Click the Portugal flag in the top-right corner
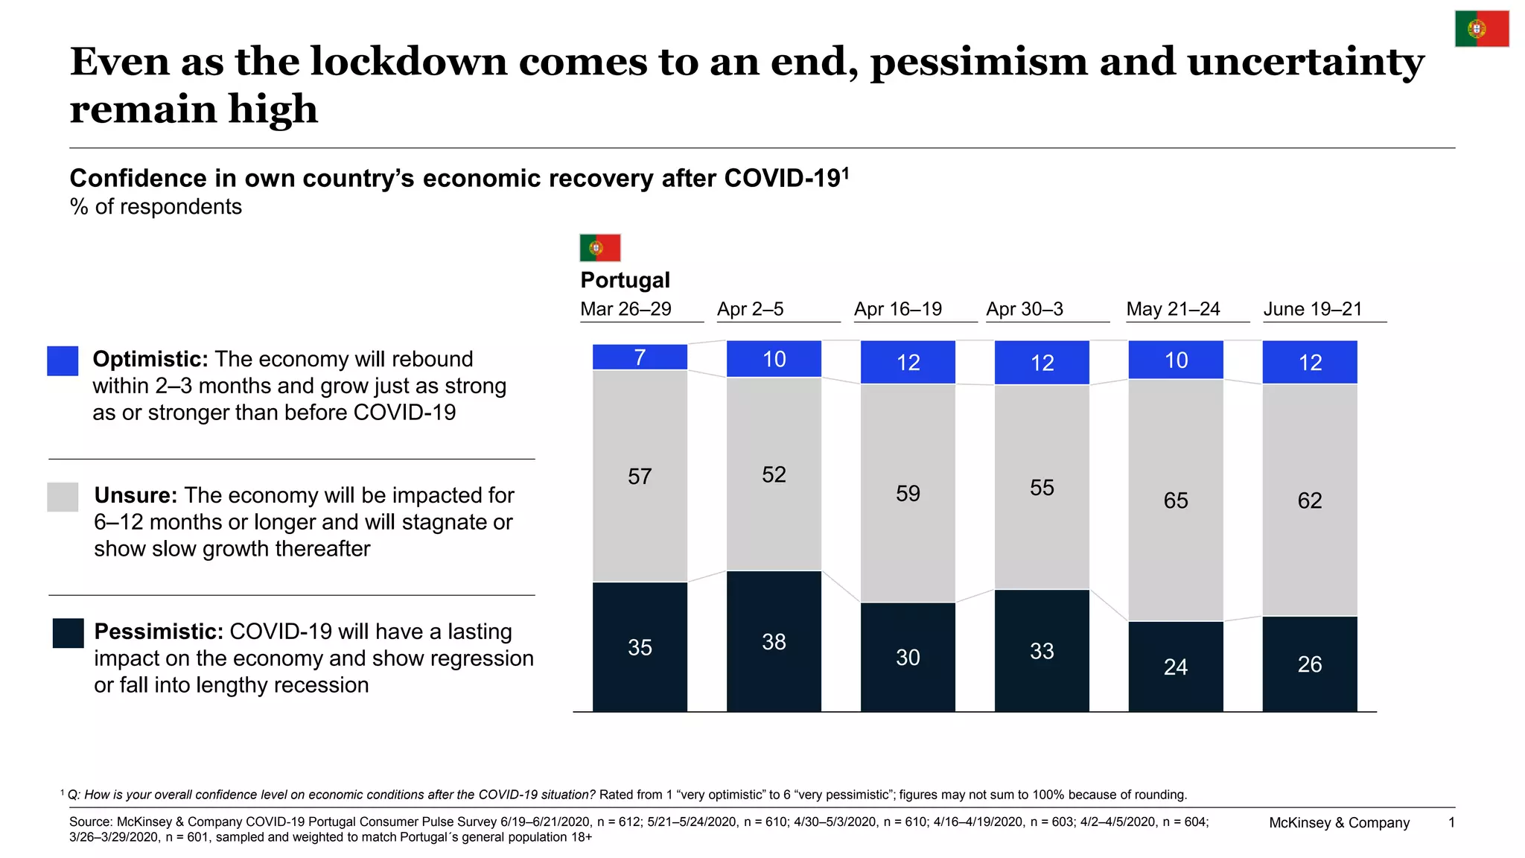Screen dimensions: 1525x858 pos(1482,29)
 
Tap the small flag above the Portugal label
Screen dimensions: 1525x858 pos(600,247)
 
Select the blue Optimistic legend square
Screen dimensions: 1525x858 pos(63,360)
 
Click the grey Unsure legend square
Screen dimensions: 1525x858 pos(63,497)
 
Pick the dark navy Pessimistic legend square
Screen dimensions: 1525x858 pos(68,633)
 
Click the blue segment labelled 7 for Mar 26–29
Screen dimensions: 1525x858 pos(640,357)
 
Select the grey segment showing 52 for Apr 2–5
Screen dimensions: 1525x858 pos(774,474)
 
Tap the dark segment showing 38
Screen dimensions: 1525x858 pos(774,641)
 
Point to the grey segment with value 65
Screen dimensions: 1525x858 pos(1176,500)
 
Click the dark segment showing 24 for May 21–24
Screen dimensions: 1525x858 pos(1176,667)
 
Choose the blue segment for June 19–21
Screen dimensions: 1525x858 pos(1310,362)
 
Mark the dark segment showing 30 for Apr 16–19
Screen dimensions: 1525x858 pos(908,657)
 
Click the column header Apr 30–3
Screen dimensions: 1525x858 pos(1025,309)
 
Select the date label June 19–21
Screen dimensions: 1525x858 pos(1313,309)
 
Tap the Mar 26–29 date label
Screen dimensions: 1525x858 pos(625,309)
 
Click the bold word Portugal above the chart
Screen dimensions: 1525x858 pos(625,280)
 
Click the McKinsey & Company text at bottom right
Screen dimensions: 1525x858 pos(1339,823)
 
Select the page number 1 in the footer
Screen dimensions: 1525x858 pos(1451,822)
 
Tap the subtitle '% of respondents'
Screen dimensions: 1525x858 pos(156,207)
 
